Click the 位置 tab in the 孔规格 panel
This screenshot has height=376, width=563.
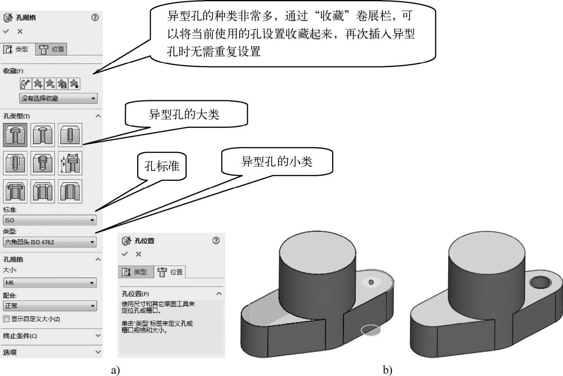52,49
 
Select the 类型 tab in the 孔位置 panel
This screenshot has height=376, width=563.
136,272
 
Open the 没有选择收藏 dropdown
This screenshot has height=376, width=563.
58,99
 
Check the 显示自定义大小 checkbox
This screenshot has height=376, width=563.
6,319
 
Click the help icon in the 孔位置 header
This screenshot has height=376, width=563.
216,241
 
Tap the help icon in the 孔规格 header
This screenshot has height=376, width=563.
95,17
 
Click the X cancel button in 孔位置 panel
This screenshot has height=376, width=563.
139,254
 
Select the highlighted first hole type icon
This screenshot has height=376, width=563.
15,135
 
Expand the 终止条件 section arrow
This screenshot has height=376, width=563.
98,336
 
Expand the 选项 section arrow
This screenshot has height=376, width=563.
98,352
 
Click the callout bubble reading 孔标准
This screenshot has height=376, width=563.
162,166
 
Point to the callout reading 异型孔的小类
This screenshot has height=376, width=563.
277,162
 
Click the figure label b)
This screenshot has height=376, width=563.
387,370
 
